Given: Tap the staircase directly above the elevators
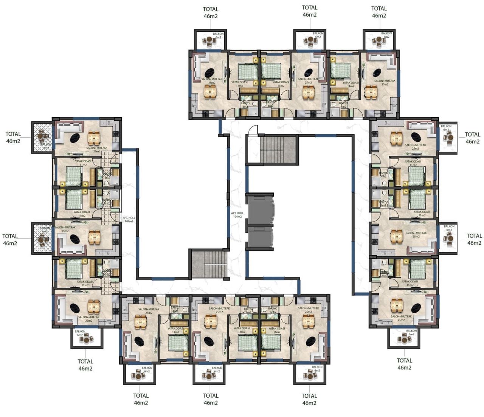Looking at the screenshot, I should pos(278,149).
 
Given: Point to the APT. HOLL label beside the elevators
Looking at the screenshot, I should pos(237,215).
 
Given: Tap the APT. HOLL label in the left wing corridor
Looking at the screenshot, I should pos(129,219).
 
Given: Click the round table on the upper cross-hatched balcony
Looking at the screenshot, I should pos(42,135).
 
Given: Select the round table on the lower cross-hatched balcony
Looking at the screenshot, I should pos(42,238).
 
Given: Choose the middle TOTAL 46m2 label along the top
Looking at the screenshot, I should pos(310,11).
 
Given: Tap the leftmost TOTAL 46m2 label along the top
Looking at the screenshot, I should pos(211,12).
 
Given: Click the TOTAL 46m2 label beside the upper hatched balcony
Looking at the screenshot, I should pos(13,138).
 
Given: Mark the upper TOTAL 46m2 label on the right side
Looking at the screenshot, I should pos(472,138).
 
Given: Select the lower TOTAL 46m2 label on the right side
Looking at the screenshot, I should pos(474,239).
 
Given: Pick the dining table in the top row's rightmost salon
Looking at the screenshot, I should pos(371,92).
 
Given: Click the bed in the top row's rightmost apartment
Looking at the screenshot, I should pos(341,71).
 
